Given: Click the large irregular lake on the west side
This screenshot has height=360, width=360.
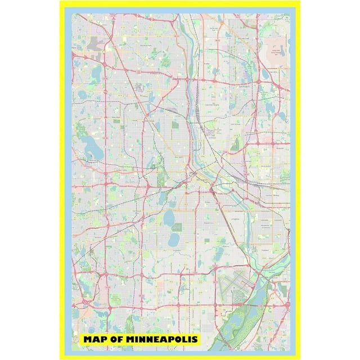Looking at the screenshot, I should click(90, 148).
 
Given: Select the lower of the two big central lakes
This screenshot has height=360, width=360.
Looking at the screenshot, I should click(174, 240).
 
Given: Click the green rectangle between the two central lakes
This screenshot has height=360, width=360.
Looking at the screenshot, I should click(177, 227).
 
